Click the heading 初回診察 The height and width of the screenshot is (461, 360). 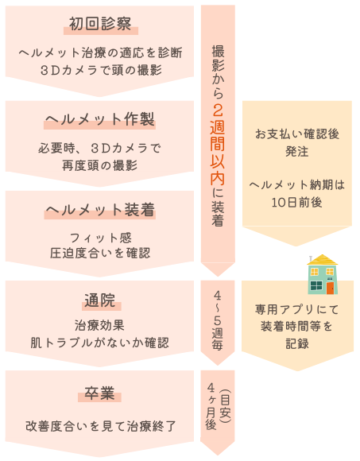(x=100, y=24)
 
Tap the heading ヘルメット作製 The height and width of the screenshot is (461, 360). (x=99, y=119)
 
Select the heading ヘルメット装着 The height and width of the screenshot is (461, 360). (x=100, y=210)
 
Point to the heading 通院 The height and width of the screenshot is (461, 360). (x=100, y=300)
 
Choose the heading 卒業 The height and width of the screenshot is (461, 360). (x=99, y=393)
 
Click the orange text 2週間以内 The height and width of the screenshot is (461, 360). (x=218, y=145)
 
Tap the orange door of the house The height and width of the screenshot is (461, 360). (x=331, y=288)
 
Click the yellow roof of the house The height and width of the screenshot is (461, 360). (x=323, y=260)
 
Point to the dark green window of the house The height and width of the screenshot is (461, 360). (x=316, y=285)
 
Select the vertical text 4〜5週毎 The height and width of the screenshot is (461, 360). (x=218, y=320)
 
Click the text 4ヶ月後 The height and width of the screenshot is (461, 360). (x=211, y=406)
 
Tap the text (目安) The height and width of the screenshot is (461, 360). (x=226, y=406)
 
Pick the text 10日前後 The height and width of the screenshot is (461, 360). (x=296, y=202)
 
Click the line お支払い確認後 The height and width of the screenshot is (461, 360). (x=297, y=134)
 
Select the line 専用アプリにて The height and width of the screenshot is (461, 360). (x=297, y=309)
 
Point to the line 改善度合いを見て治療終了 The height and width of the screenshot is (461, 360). (x=100, y=426)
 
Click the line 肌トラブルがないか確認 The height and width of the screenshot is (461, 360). (x=100, y=343)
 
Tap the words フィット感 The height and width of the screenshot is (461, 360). (x=100, y=238)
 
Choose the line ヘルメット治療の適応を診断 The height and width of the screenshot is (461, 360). (x=100, y=53)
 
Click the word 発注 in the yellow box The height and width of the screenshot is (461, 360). (x=297, y=151)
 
